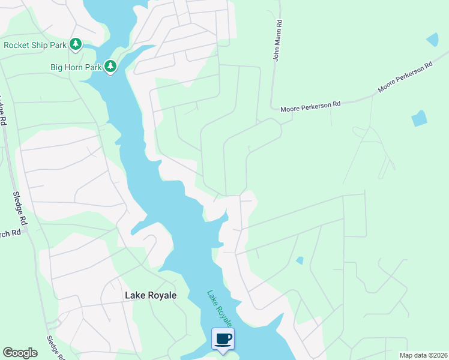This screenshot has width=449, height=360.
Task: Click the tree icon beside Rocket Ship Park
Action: (x=76, y=44)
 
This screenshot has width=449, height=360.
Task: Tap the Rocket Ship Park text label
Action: (x=35, y=44)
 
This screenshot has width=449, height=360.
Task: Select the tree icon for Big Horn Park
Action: (x=110, y=66)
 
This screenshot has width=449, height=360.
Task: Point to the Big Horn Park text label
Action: (x=75, y=67)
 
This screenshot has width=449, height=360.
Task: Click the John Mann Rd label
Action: (x=277, y=40)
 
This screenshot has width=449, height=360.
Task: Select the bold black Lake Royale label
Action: (x=150, y=295)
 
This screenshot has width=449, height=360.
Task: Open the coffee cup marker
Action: (x=223, y=339)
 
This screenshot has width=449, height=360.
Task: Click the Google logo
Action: (x=20, y=353)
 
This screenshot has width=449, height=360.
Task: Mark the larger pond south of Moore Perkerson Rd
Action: (x=419, y=118)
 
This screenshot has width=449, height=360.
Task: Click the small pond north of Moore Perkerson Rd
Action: (x=432, y=40)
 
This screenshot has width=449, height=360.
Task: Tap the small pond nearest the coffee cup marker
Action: (x=300, y=260)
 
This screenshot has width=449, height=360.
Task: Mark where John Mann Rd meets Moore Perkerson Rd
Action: (x=271, y=109)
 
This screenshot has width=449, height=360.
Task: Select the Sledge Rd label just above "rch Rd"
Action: (x=20, y=207)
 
